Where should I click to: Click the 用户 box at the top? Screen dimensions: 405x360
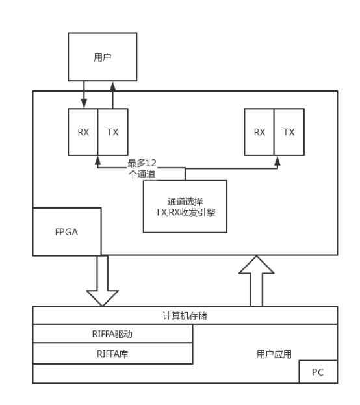click(x=103, y=57)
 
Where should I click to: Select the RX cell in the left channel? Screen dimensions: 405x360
click(x=83, y=132)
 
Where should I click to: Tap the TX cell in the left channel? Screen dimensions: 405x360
click(x=112, y=132)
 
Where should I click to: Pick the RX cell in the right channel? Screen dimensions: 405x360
click(x=259, y=132)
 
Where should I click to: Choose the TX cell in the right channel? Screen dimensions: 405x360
click(x=289, y=132)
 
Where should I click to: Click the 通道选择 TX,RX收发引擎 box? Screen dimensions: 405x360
click(x=185, y=206)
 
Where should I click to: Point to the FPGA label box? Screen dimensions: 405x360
click(x=66, y=231)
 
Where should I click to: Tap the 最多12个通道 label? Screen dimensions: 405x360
click(x=142, y=168)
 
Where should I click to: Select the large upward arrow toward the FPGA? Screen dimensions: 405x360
click(x=257, y=281)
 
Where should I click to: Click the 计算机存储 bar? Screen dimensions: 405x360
click(x=185, y=316)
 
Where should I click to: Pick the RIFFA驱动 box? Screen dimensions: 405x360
click(x=112, y=334)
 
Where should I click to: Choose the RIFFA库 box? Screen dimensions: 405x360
click(x=112, y=354)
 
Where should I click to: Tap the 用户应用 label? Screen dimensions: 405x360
click(x=274, y=354)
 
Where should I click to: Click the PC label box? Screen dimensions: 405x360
click(x=318, y=372)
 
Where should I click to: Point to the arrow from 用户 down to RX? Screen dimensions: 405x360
click(x=83, y=95)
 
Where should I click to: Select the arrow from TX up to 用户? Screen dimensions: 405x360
click(x=112, y=95)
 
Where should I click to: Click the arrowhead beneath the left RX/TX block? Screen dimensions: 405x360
click(x=97, y=159)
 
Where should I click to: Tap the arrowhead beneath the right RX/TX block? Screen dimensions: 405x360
click(x=277, y=159)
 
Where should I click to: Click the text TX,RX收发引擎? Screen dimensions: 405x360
click(x=185, y=212)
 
